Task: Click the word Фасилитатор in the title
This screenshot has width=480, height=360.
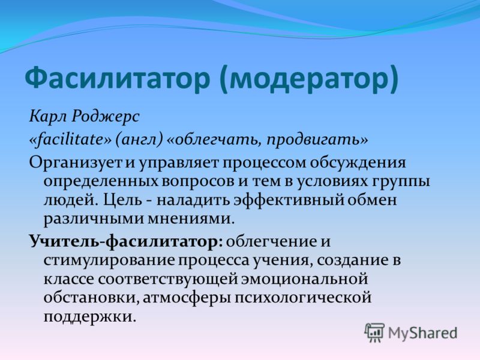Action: (x=117, y=78)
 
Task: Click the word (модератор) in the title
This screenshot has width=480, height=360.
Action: (x=309, y=79)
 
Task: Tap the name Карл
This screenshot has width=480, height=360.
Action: (x=48, y=117)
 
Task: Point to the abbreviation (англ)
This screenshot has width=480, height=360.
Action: (x=139, y=140)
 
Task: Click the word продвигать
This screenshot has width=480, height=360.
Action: (x=313, y=140)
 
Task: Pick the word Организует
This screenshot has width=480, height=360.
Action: (x=75, y=163)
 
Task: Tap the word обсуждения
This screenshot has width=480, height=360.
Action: (x=358, y=163)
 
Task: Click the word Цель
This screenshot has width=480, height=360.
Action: (x=122, y=200)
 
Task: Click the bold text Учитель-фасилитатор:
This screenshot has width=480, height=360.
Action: (x=126, y=242)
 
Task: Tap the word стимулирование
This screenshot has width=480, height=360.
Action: (x=108, y=260)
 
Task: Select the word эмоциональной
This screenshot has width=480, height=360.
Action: (x=304, y=279)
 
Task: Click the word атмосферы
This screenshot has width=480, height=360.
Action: (x=187, y=298)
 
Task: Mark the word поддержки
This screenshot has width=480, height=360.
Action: (x=89, y=317)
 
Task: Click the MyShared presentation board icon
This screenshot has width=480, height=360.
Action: (x=374, y=332)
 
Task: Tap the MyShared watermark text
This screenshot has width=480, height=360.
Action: (x=422, y=333)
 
